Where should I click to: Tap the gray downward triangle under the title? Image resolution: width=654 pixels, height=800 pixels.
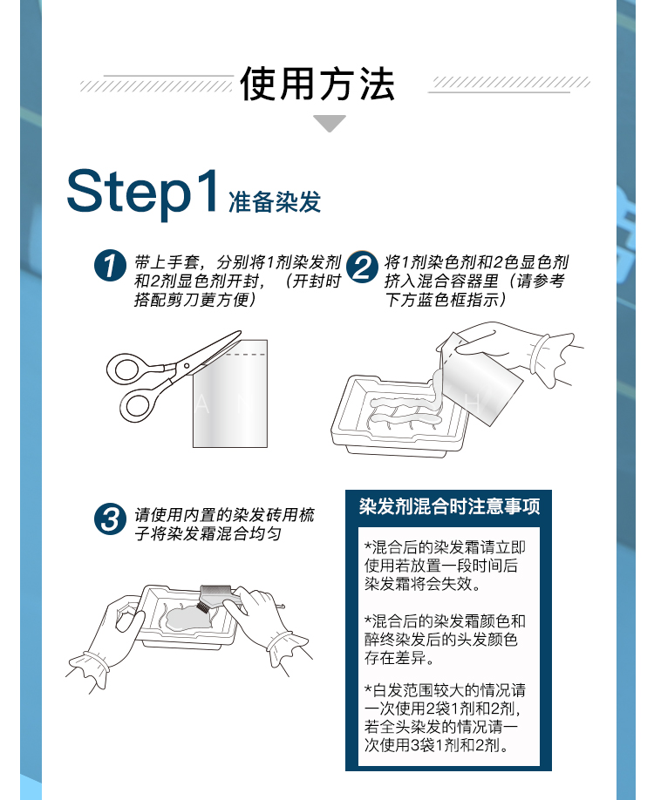(330, 124)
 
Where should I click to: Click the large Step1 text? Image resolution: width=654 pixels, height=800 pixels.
(142, 193)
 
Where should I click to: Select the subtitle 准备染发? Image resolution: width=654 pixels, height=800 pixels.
(275, 202)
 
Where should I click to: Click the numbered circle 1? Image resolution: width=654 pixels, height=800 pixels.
(110, 266)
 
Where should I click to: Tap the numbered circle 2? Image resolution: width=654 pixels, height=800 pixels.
(362, 267)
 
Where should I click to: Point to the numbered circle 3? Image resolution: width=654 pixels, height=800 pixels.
(110, 519)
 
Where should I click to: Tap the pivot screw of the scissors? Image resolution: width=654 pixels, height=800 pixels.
(187, 366)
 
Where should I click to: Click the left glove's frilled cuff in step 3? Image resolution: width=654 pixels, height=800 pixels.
(91, 666)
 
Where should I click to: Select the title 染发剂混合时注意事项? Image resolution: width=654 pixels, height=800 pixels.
(449, 506)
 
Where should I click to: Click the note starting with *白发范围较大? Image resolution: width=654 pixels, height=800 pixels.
(445, 717)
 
